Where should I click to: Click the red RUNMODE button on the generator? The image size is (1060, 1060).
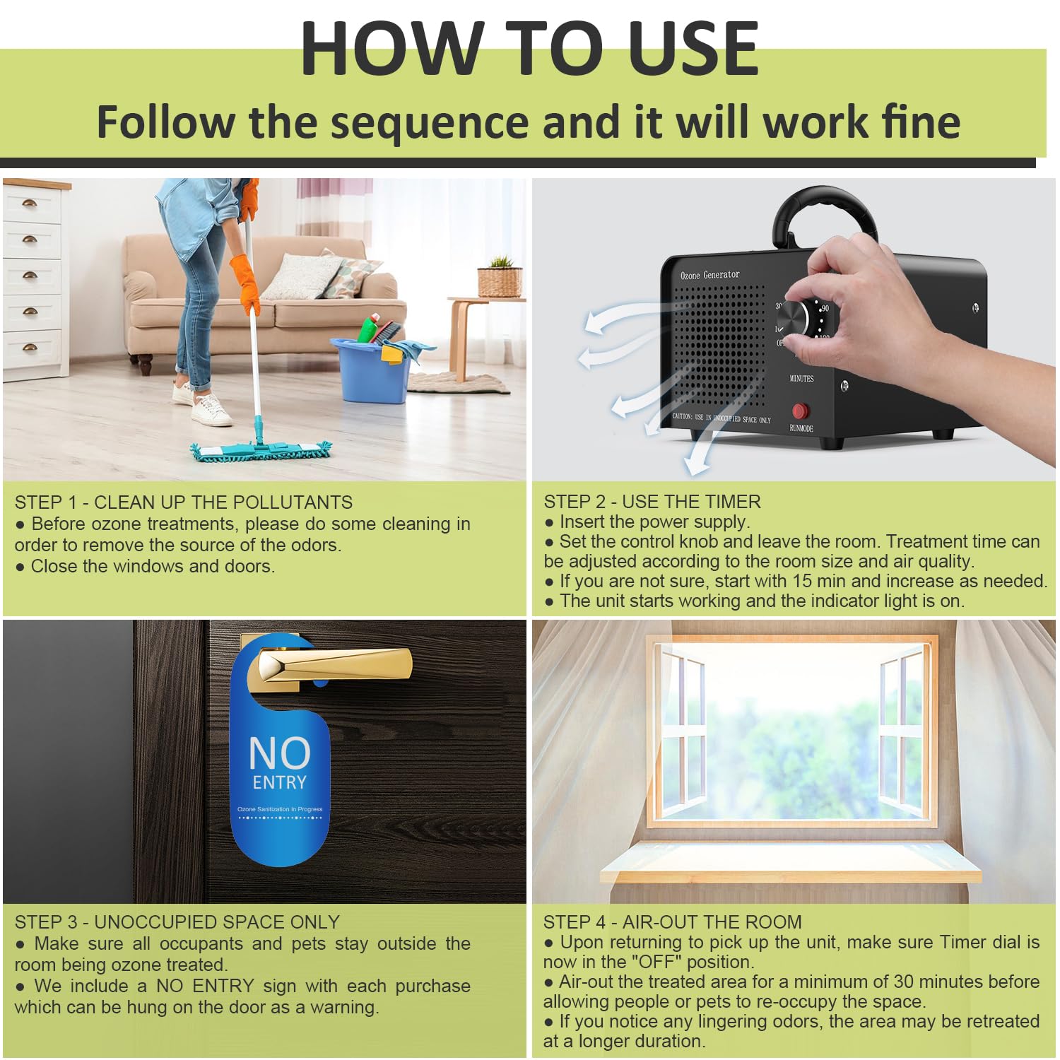coord(800,411)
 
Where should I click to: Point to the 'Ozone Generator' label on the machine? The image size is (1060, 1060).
coord(709,275)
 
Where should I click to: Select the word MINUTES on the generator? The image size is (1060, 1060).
coord(801,379)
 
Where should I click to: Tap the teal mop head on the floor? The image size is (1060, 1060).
coord(261,451)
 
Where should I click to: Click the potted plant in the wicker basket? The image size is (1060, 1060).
coord(500,277)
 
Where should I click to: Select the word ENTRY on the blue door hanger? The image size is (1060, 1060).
coord(280,783)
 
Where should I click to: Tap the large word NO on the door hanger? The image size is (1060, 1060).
coord(280,753)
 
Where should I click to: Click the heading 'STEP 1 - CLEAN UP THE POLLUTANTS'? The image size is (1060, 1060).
coord(184,502)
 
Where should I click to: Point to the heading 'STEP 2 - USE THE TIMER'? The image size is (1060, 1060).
coord(652,502)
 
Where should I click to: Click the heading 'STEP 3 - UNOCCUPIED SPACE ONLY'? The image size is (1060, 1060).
coord(177,922)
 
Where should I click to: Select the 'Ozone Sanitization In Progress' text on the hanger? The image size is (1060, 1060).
coord(280,809)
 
